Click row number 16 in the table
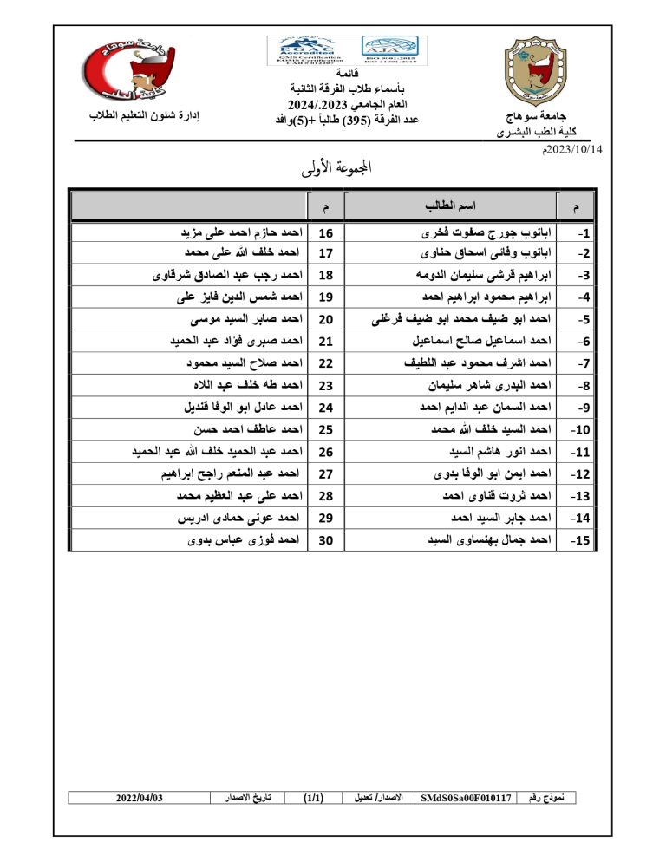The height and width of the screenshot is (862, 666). pyautogui.click(x=326, y=233)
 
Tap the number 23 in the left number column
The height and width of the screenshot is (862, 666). pyautogui.click(x=326, y=386)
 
